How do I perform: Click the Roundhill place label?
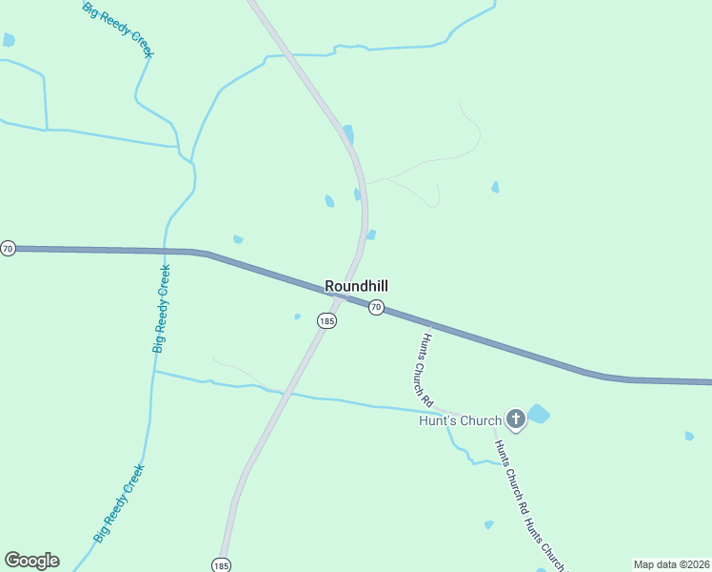[x=356, y=286]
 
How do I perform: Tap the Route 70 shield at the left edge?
[x=8, y=249]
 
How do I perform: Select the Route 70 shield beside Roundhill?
[x=376, y=307]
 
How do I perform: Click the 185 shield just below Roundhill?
[x=326, y=321]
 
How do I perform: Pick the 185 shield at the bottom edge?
[x=221, y=565]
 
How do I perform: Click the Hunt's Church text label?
[x=461, y=420]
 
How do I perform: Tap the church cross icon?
[x=516, y=418]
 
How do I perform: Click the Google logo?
[x=31, y=561]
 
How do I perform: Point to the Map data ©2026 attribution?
[x=671, y=564]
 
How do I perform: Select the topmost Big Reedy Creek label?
[x=117, y=30]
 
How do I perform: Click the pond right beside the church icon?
[x=539, y=414]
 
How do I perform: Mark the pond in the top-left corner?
[x=9, y=40]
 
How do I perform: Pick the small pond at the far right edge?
[x=689, y=436]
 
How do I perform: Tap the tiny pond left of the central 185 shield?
[x=297, y=317]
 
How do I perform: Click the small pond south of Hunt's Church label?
[x=488, y=524]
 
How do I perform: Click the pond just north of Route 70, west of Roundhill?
[x=238, y=239]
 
